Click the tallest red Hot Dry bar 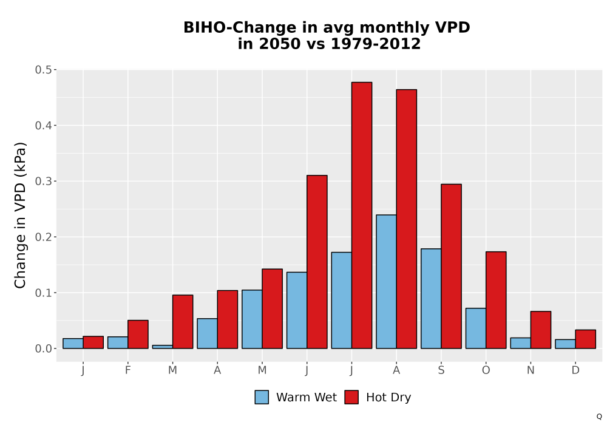[x=362, y=215]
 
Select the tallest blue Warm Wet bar [x=386, y=281]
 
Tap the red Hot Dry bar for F [x=138, y=335]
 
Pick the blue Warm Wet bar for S [x=431, y=299]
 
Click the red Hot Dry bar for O [x=496, y=300]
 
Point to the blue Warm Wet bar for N [x=521, y=343]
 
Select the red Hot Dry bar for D [x=586, y=339]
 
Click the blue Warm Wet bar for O [x=476, y=328]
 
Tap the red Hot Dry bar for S [x=452, y=267]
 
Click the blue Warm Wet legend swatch [x=262, y=397]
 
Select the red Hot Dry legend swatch [x=351, y=397]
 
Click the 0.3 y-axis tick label [x=43, y=181]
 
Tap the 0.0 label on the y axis [x=43, y=348]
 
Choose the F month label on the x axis [x=127, y=370]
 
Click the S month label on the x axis [x=441, y=370]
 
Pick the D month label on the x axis [x=575, y=370]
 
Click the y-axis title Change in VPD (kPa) [x=20, y=215]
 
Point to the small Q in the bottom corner [x=599, y=416]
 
